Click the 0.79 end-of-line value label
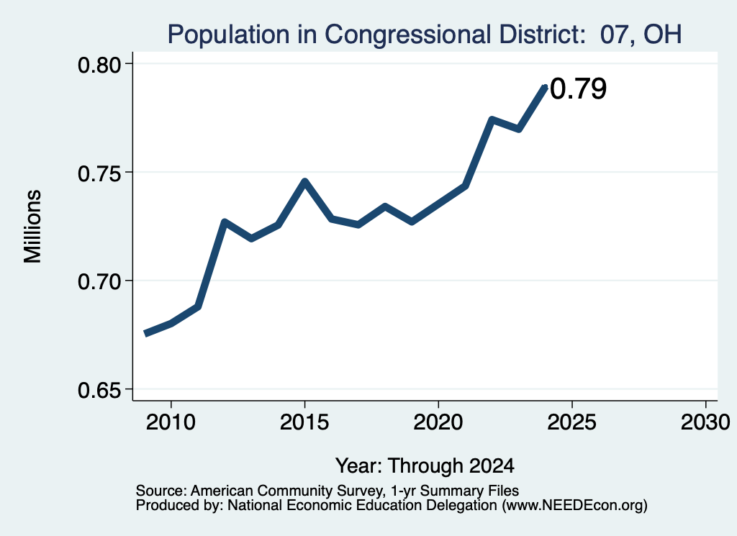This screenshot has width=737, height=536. tap(578, 88)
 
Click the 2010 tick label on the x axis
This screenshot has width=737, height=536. tap(171, 422)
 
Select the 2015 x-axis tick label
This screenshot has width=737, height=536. tap(304, 422)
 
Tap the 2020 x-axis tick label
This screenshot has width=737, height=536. tap(438, 422)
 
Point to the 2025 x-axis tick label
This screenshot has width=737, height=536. tap(572, 422)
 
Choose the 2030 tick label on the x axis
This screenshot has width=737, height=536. tap(705, 422)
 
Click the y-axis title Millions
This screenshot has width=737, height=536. tap(32, 227)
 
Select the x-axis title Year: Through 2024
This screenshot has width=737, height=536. tap(425, 466)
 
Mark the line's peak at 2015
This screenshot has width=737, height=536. tap(304, 181)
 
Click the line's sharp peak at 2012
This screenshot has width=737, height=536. tap(225, 222)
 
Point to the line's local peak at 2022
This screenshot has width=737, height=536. tap(492, 119)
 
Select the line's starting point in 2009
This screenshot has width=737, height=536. tap(145, 334)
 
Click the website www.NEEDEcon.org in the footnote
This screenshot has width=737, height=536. tap(574, 506)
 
